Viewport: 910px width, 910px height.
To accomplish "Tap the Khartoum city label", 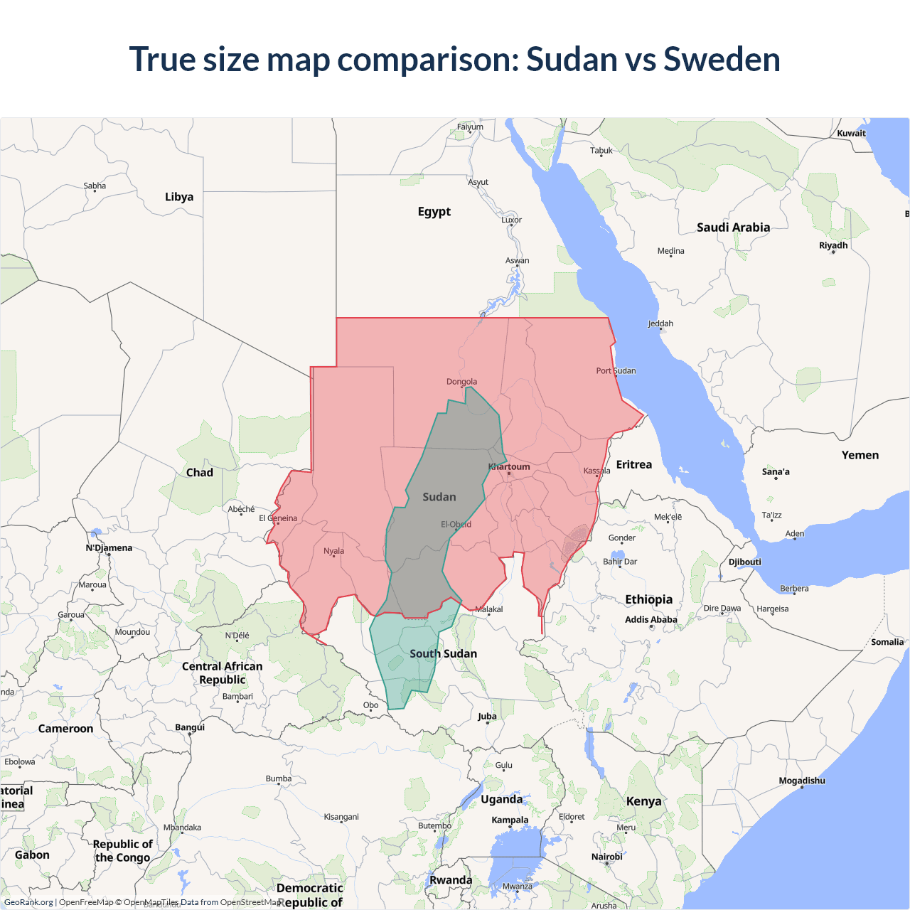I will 509,467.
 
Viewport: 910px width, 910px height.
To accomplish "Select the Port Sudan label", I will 616,370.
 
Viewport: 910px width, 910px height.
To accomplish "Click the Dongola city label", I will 461,382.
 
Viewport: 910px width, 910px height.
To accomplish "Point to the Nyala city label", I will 333,551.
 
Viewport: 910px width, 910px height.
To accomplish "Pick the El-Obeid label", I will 456,525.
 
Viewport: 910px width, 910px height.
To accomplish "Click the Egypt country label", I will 434,212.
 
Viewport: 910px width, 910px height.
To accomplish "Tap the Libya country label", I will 179,197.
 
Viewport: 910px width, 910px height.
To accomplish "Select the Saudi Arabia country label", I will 733,227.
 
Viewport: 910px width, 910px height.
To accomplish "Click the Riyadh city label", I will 833,245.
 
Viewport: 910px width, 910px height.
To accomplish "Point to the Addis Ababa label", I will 651,619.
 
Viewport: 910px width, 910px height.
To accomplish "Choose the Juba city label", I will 487,717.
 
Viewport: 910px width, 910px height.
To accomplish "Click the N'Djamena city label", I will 109,548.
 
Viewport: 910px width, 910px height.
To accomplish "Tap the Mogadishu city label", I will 802,781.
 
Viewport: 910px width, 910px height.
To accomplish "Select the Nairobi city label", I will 606,857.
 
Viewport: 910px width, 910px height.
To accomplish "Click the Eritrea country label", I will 633,465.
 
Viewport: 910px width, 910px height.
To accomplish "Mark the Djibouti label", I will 744,562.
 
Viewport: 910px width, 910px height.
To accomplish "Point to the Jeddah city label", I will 660,323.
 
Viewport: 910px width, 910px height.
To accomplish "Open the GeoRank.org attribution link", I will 28,902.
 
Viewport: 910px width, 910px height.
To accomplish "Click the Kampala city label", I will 510,820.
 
